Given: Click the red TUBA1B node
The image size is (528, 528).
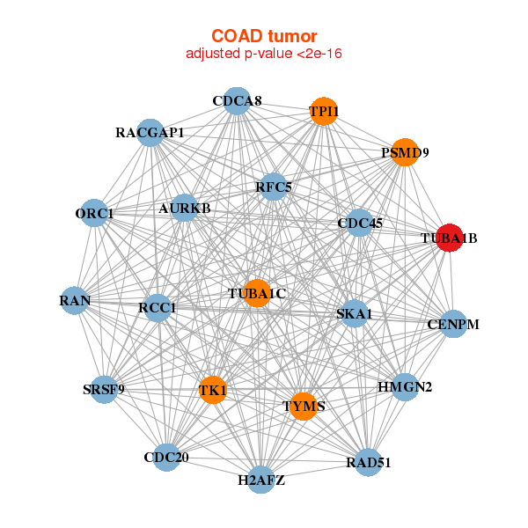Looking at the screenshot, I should tap(450, 238).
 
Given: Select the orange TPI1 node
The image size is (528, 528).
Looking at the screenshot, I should tap(324, 111).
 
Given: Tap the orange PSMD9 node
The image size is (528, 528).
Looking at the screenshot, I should tap(404, 152).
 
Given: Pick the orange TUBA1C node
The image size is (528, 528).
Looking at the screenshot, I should tap(256, 293).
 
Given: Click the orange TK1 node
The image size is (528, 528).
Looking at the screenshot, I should tap(213, 390).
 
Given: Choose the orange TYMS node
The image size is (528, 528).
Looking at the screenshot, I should tap(303, 406).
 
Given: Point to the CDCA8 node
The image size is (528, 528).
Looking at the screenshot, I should tap(236, 101).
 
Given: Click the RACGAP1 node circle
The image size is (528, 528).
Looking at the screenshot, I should tap(150, 133).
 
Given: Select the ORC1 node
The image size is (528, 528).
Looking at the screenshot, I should tap(95, 214).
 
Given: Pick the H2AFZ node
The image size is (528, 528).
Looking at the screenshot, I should tap(260, 480).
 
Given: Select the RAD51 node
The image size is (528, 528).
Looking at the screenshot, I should tap(368, 462).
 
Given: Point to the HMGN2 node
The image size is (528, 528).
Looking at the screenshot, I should tap(404, 387).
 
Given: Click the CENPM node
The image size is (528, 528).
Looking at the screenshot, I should tap(452, 325).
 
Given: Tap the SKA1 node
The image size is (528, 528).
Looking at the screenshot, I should tap(354, 313).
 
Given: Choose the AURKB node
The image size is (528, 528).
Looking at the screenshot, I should tap(185, 209).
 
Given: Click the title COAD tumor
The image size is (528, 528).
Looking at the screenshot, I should tap(264, 36).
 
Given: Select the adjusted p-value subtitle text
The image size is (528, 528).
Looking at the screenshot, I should tap(264, 54).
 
